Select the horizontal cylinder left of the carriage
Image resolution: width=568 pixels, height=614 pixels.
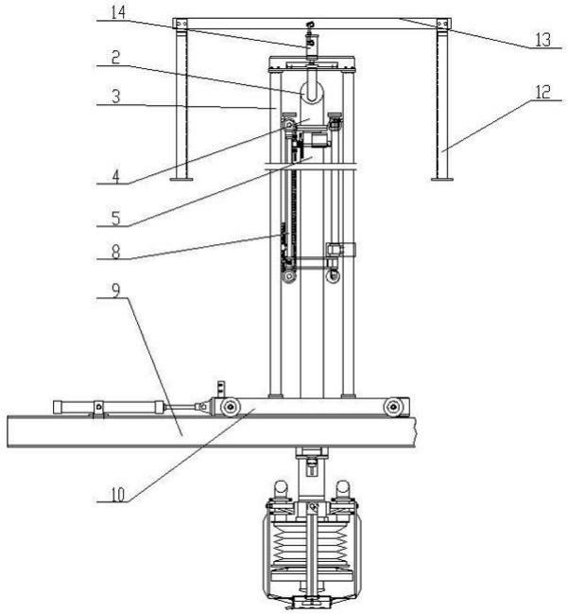click(x=113, y=407)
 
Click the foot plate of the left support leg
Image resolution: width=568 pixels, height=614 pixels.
click(x=186, y=178)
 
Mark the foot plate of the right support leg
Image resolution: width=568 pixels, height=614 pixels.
click(x=440, y=177)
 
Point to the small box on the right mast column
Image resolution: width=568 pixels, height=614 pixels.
click(x=339, y=250)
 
